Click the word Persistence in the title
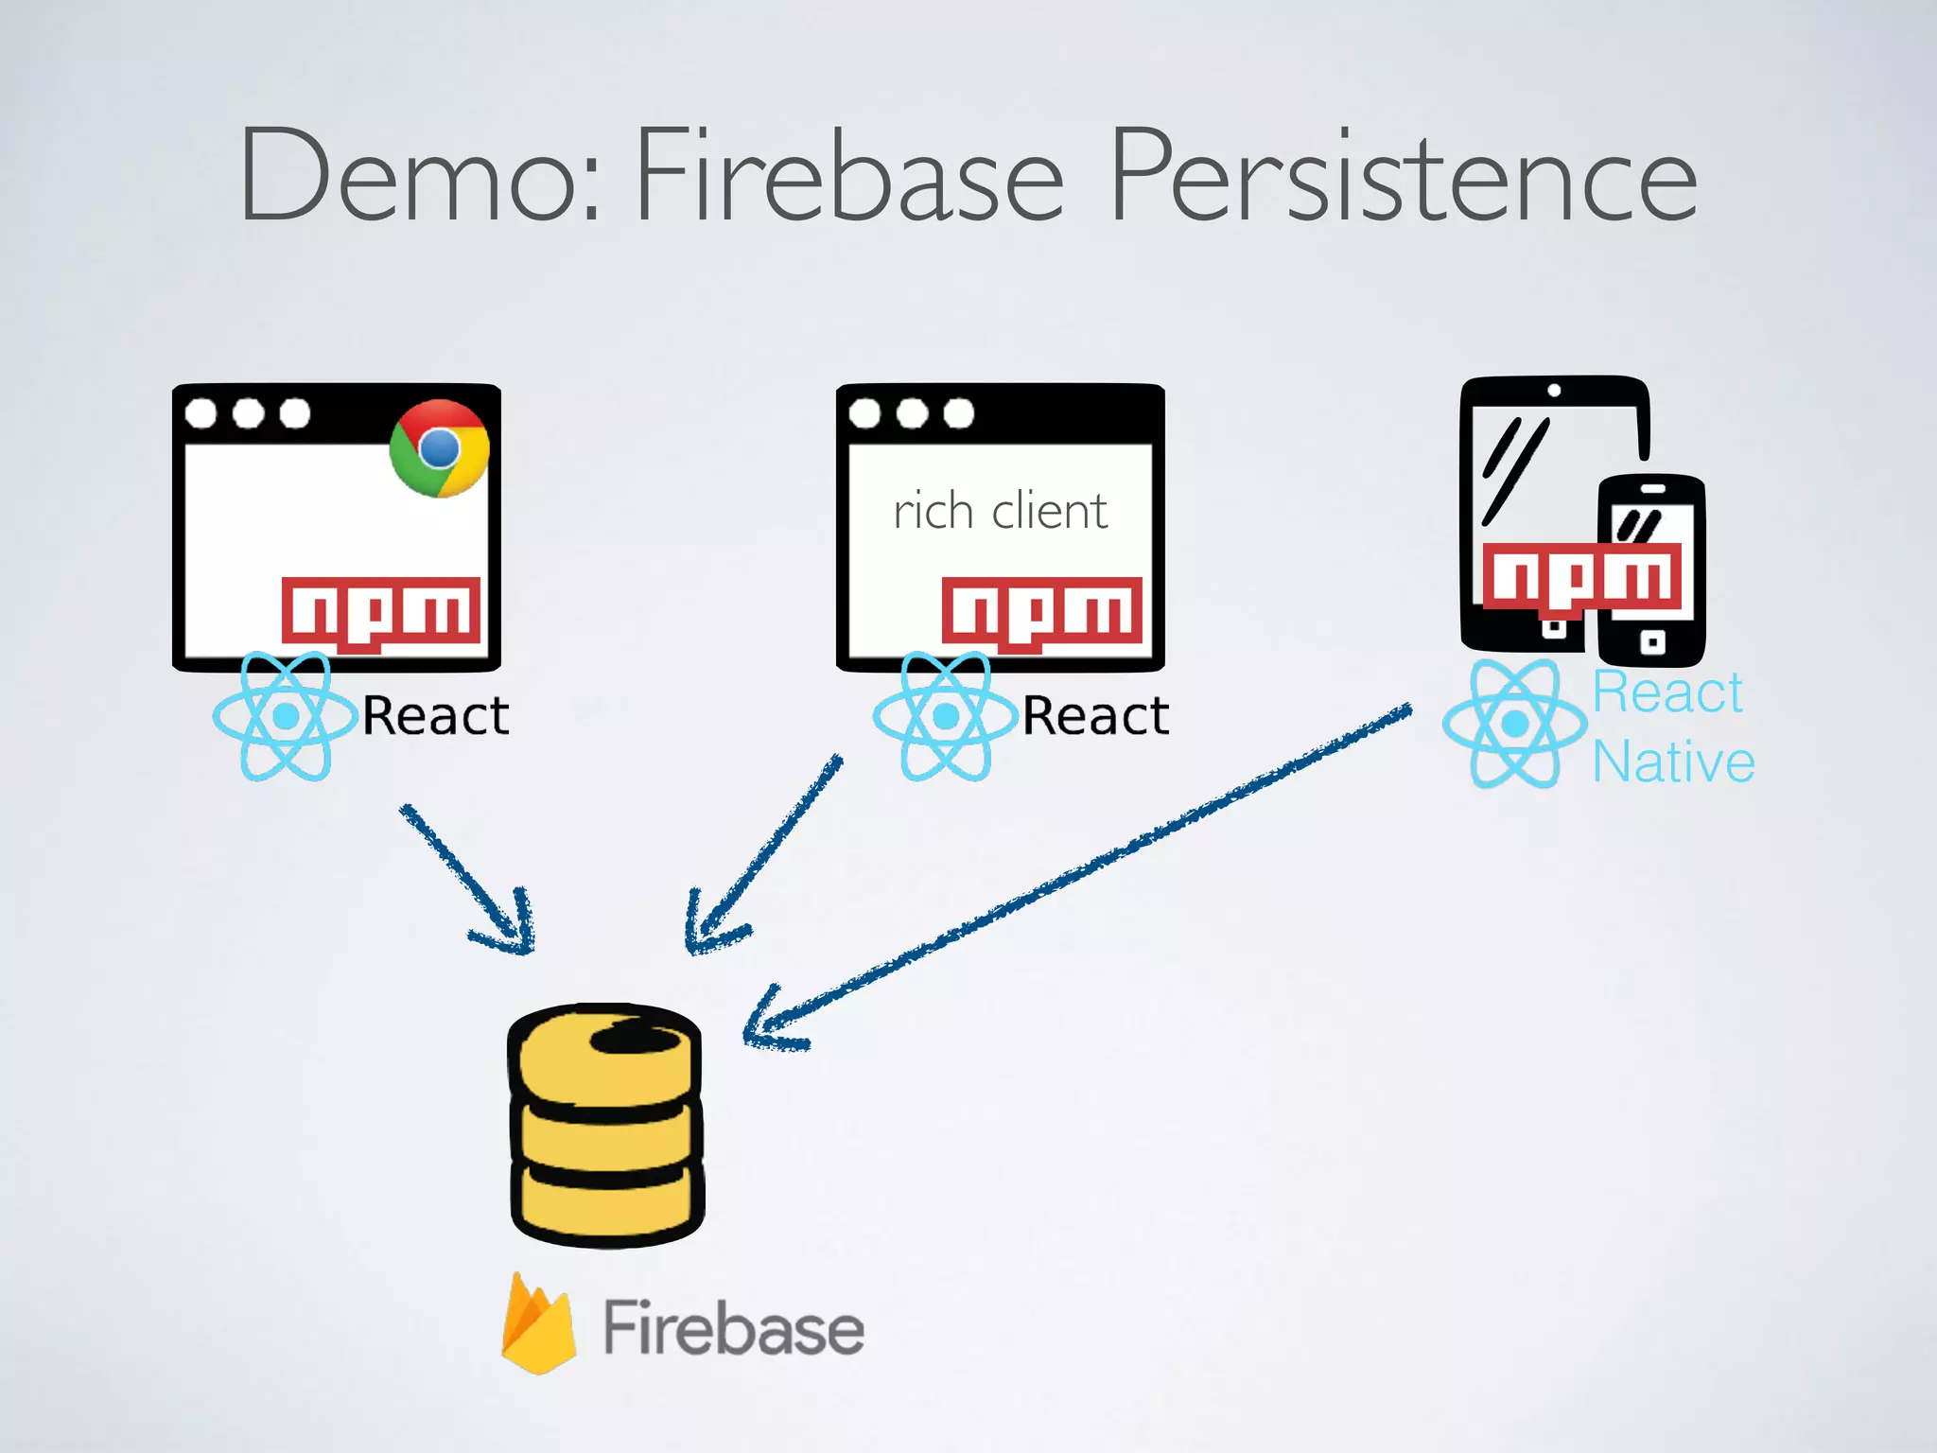1404,178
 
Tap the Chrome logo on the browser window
439,447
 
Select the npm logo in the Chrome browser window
381,611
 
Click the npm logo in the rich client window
1041,611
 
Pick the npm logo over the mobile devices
1582,576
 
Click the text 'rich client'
1000,512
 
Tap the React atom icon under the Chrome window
285,716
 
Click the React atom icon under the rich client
945,716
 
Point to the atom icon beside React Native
1514,724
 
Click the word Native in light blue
1673,762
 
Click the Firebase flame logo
538,1324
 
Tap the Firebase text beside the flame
733,1328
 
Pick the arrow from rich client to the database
761,856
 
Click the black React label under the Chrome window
436,715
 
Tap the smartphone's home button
1651,643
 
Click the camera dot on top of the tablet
1554,390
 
